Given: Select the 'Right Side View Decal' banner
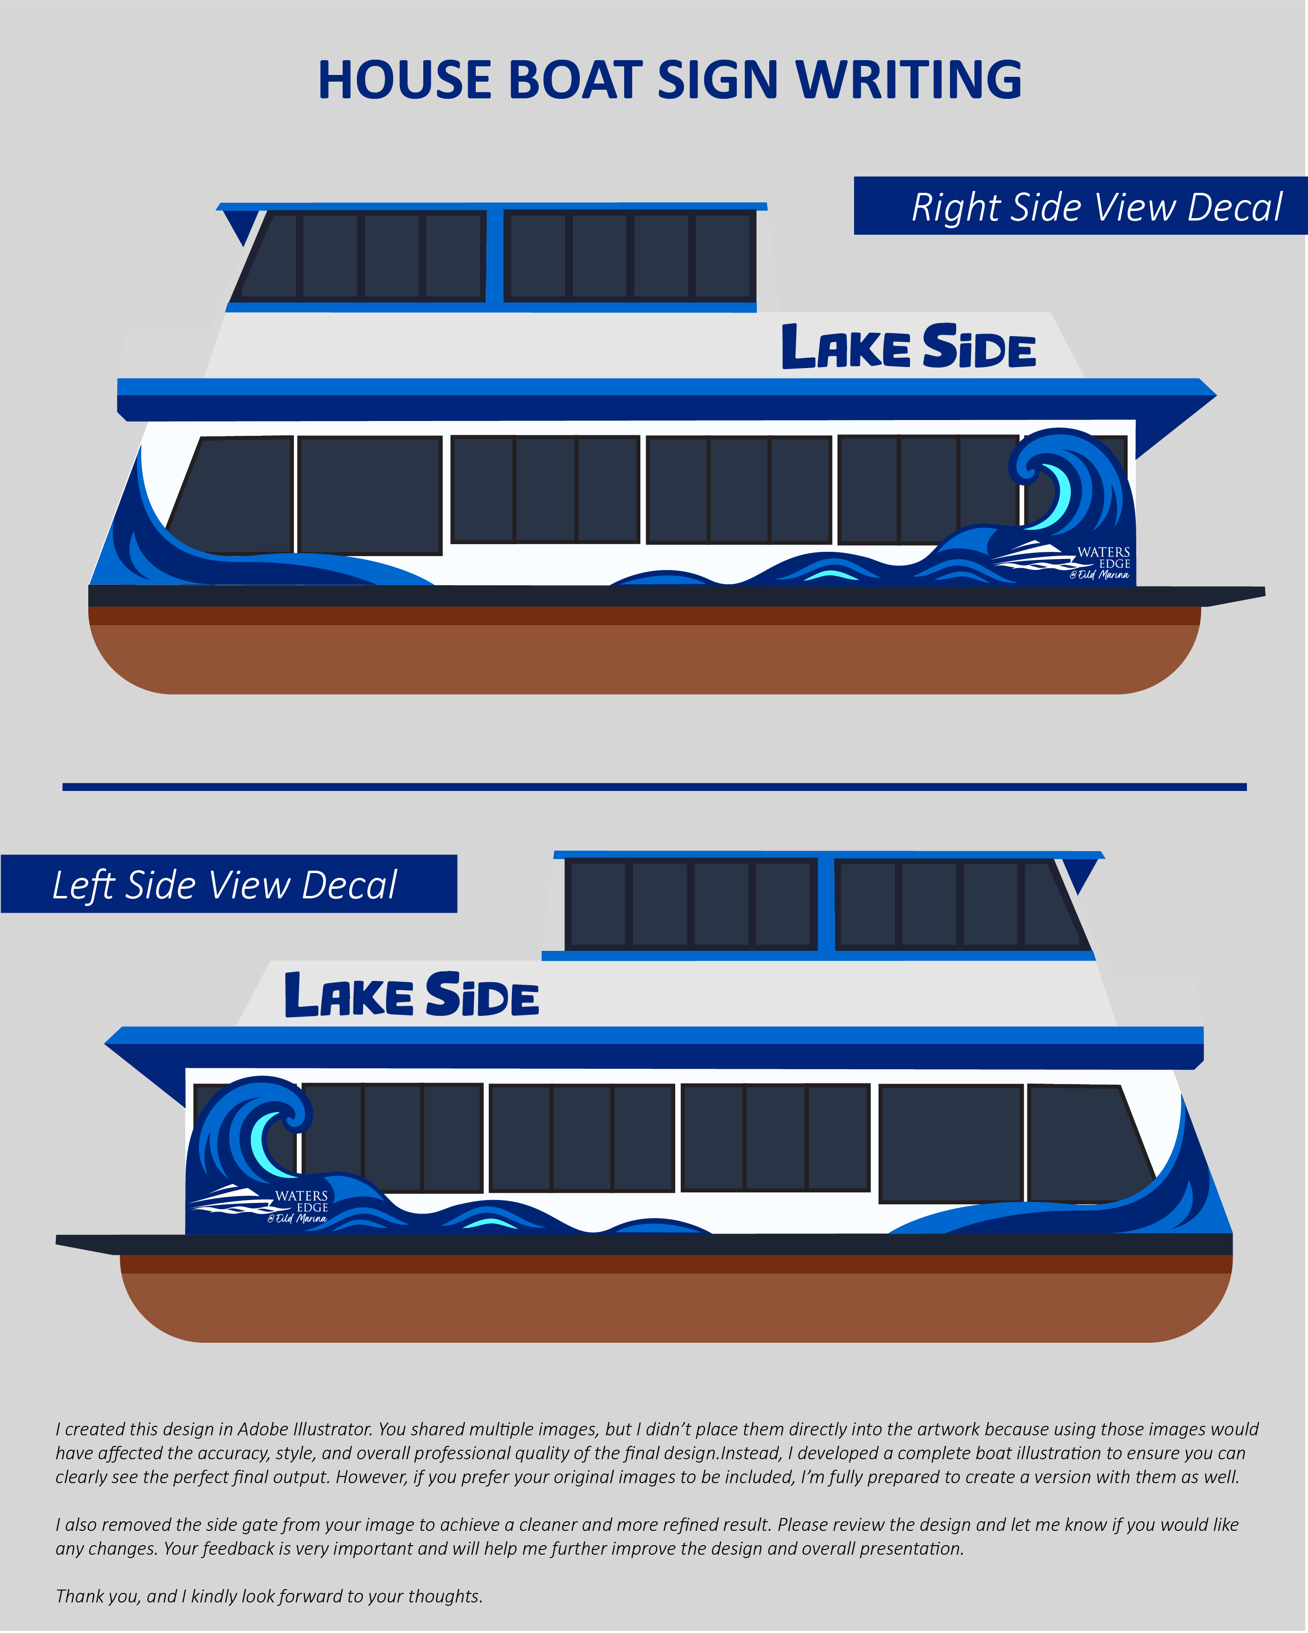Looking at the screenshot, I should (x=1080, y=206).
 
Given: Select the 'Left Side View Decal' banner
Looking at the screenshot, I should (x=228, y=884).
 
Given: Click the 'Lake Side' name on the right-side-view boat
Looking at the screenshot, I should (x=908, y=347).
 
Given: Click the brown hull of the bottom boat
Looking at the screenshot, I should (x=674, y=1306).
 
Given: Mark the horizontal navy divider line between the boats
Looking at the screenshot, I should (x=654, y=787).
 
